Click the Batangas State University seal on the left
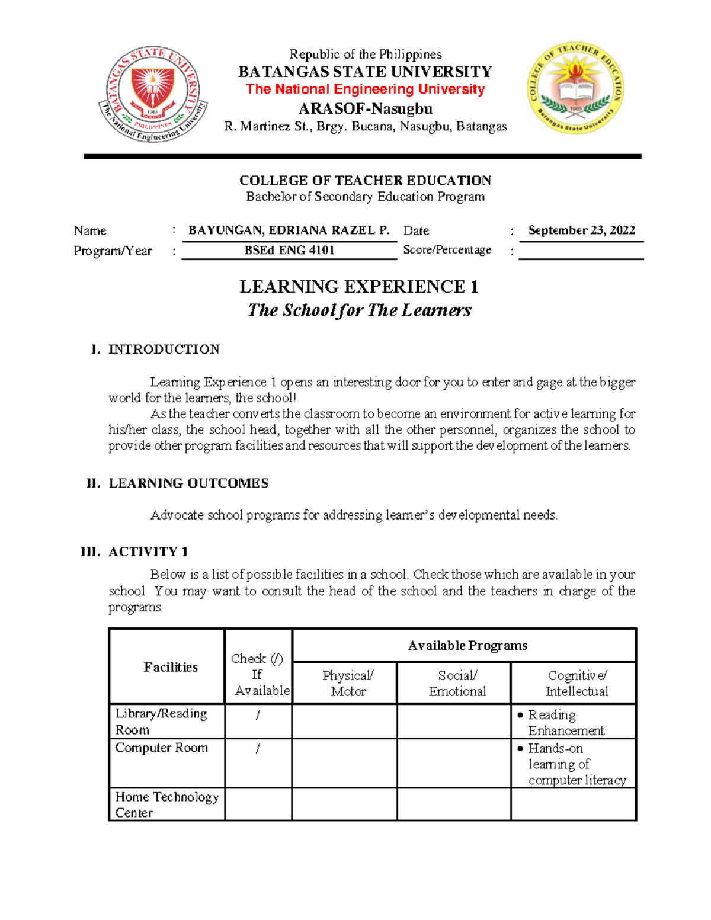pyautogui.click(x=153, y=94)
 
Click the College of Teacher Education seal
pyautogui.click(x=575, y=88)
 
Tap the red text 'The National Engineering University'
pyautogui.click(x=365, y=89)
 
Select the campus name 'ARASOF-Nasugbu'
pyautogui.click(x=365, y=109)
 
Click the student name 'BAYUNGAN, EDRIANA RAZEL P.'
pyautogui.click(x=289, y=230)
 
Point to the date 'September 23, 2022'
pyautogui.click(x=581, y=230)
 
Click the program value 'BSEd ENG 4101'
pyautogui.click(x=289, y=251)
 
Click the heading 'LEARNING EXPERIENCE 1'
pyautogui.click(x=358, y=287)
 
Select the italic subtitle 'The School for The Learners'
pyautogui.click(x=359, y=310)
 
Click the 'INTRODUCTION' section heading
pyautogui.click(x=164, y=350)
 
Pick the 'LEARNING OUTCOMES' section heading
pyautogui.click(x=188, y=483)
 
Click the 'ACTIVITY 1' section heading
pyautogui.click(x=148, y=552)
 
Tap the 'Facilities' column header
pyautogui.click(x=170, y=668)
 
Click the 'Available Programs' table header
pyautogui.click(x=467, y=646)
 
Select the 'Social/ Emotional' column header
pyautogui.click(x=457, y=684)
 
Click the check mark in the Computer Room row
pyautogui.click(x=258, y=749)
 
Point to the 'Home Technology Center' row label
pyautogui.click(x=166, y=804)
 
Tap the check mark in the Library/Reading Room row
pyautogui.click(x=258, y=716)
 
